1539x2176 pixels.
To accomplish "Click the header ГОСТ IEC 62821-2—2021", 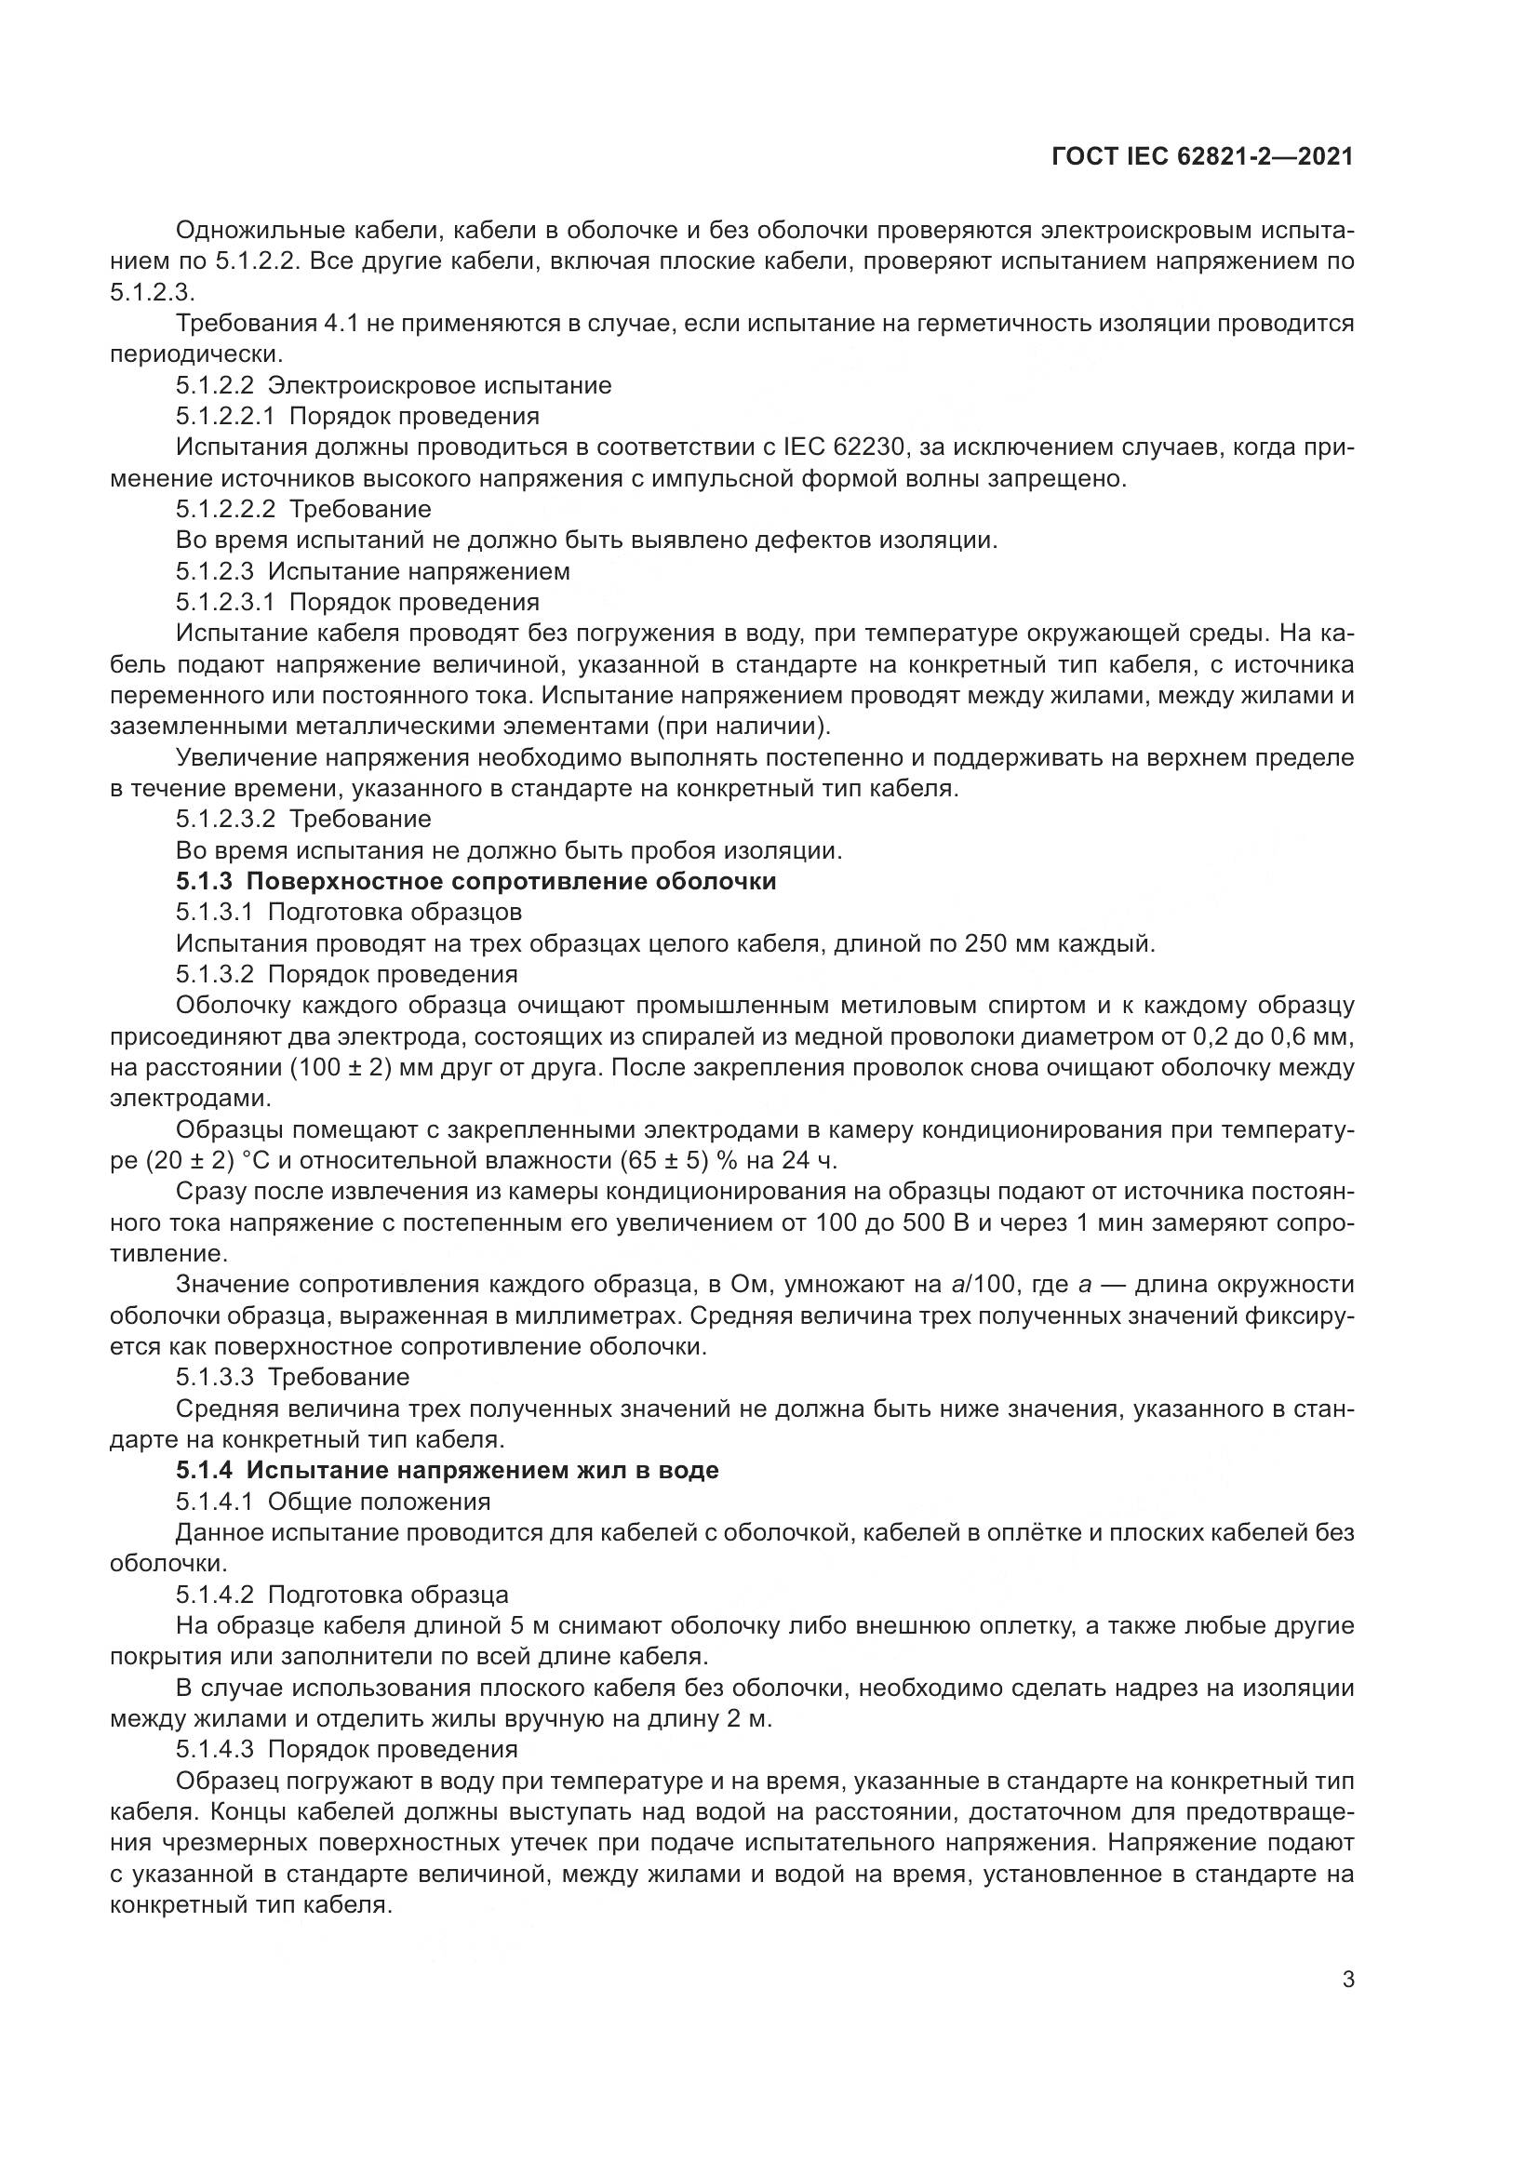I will [1201, 157].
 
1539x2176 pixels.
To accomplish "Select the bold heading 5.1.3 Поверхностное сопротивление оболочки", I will [475, 881].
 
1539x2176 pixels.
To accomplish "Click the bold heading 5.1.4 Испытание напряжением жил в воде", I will [448, 1470].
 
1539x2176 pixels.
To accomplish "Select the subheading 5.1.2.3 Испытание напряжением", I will [372, 571].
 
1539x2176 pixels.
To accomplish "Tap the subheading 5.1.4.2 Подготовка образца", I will [342, 1595].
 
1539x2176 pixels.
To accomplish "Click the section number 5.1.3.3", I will [214, 1377].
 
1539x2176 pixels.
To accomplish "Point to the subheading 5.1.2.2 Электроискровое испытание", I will [394, 386].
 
